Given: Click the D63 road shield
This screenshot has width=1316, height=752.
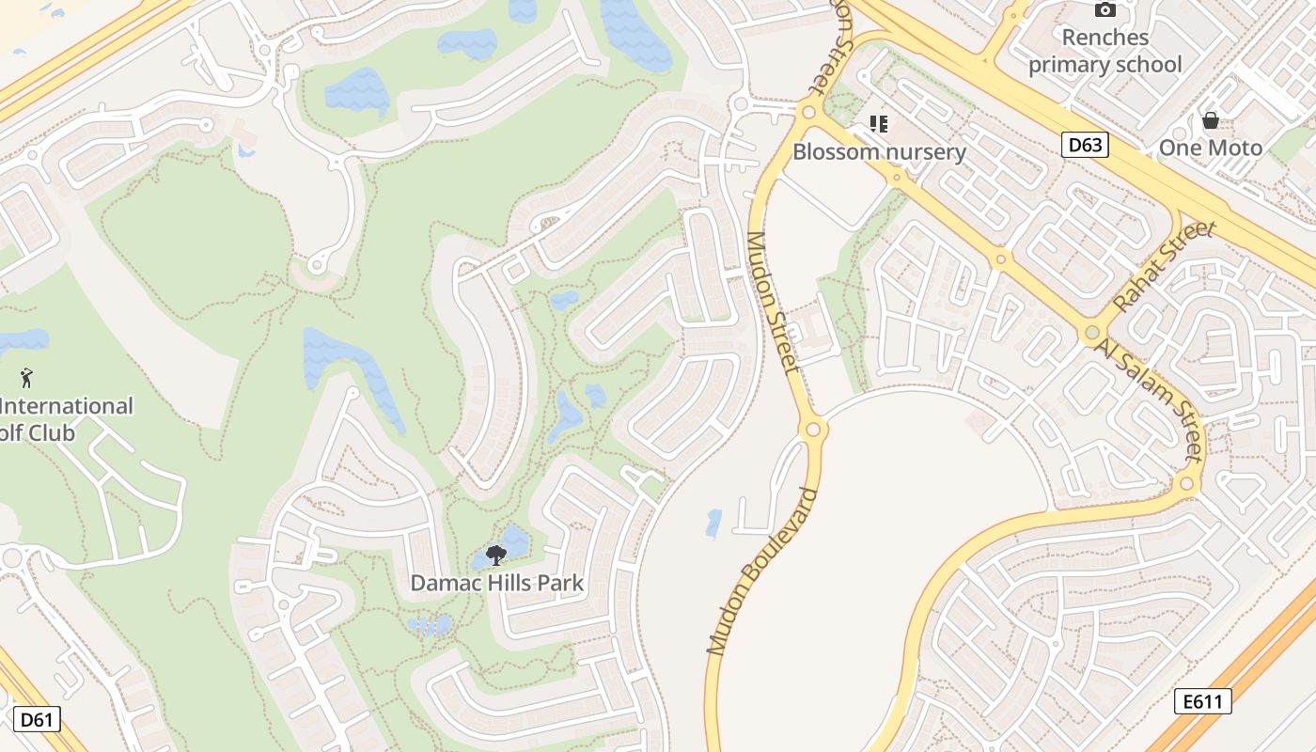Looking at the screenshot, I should pos(1086,145).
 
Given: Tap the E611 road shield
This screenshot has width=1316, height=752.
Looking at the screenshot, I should pos(1202,700).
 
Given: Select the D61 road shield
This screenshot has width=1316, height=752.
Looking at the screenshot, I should pos(37,720).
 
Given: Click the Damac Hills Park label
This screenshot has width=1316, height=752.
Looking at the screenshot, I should pos(496,583).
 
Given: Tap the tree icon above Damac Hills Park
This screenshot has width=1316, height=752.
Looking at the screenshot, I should pos(496,556).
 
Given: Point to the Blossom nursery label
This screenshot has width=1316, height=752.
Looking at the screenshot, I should pos(879,151).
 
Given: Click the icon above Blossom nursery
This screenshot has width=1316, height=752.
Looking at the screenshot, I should pos(879,124).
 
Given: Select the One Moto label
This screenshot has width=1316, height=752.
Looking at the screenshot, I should pos(1210,148).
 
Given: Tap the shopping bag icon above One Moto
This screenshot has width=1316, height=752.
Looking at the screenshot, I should pos(1211,120).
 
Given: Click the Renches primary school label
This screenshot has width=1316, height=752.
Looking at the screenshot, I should pos(1104,51).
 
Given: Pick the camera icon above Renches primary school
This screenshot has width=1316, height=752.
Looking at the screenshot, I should pos(1105,10).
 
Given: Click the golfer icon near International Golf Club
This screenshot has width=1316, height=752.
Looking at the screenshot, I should pos(26,378).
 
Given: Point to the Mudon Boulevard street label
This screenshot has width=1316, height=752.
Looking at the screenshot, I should pos(760,571).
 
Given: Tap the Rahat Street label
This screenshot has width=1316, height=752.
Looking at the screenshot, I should pos(1164,267).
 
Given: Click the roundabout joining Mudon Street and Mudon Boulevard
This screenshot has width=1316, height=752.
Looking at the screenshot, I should pos(812,431).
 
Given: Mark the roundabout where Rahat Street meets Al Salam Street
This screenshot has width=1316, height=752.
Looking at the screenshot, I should pos(1091,333).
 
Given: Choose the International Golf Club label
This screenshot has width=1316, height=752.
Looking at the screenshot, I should pos(66,419).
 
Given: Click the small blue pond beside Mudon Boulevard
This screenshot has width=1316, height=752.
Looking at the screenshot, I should pos(713,524).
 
